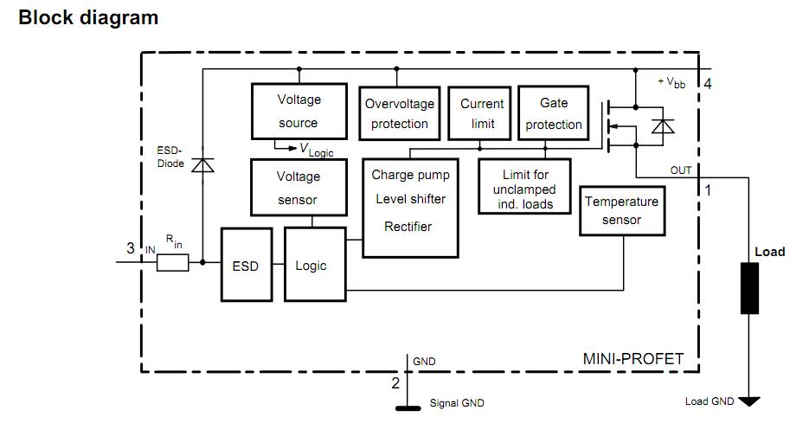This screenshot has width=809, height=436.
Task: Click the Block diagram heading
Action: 88,16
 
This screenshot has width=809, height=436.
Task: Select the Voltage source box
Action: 299,111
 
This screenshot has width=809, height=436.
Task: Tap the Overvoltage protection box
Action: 399,112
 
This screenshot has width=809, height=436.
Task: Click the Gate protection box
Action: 554,112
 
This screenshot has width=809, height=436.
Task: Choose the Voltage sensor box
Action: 299,188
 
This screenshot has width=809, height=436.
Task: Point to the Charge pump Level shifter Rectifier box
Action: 410,208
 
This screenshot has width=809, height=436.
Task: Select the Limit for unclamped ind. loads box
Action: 525,186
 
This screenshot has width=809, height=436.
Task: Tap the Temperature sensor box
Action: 622,210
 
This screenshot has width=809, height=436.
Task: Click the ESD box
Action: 246,265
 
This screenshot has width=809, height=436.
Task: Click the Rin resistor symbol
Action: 172,262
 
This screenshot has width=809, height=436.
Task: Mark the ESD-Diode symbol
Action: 202,163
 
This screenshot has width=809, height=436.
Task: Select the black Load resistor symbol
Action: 749,288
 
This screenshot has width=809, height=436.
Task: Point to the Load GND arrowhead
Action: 749,401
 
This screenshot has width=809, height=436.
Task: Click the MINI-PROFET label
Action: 632,358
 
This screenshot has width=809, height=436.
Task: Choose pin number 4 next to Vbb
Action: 708,84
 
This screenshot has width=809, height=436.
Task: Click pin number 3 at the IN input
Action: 131,248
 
